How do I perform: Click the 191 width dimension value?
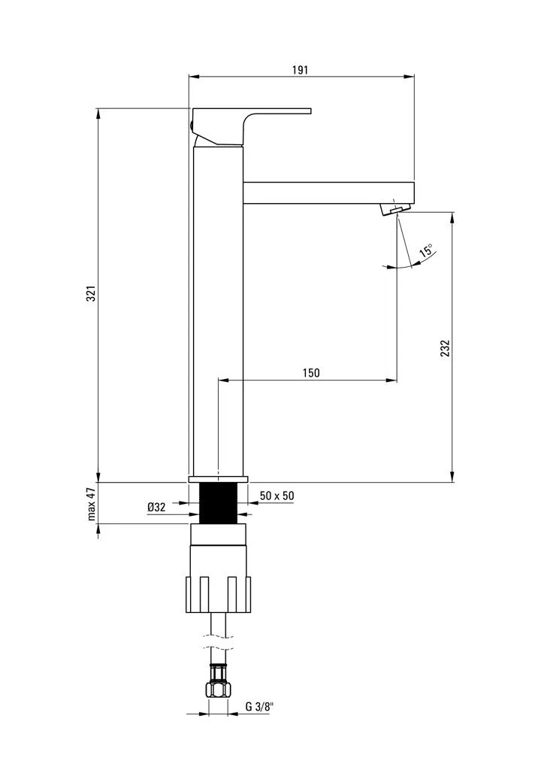tap(300, 70)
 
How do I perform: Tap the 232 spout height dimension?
tap(445, 350)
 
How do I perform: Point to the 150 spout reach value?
tap(311, 373)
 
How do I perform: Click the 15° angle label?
tap(426, 251)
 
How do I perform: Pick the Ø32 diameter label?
tap(156, 508)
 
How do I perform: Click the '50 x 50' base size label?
tap(277, 496)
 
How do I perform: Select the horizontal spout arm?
tap(328, 192)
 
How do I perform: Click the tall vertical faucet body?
tap(217, 308)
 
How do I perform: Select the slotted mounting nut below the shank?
tap(217, 594)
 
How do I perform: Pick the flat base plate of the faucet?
tap(217, 479)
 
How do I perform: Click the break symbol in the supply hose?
tap(217, 640)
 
